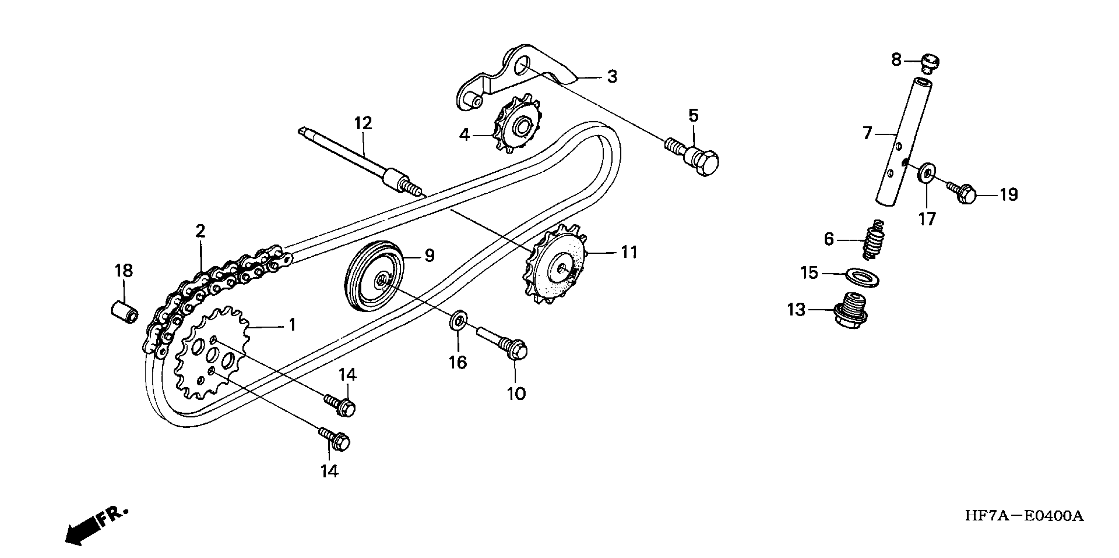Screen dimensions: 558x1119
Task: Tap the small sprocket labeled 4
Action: [x=517, y=126]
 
